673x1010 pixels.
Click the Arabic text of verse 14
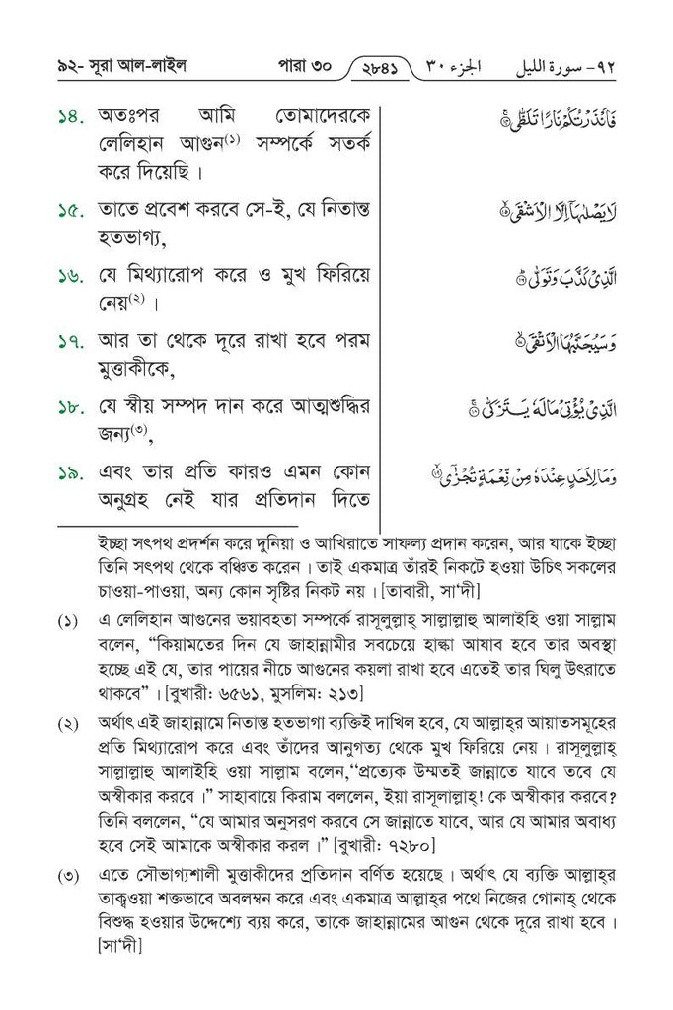click(540, 124)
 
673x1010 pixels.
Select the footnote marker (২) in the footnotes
click(69, 726)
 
